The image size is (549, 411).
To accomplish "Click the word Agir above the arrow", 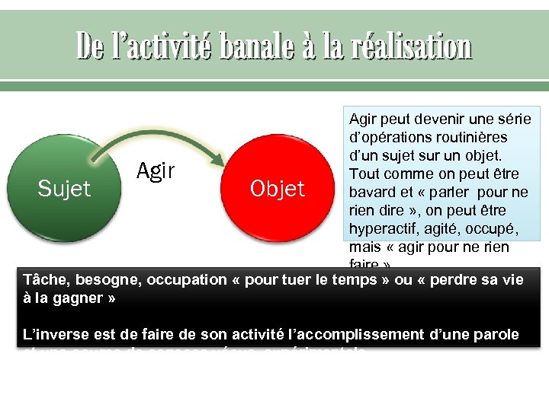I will [x=156, y=171].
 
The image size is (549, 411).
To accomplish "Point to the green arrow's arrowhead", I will [x=219, y=161].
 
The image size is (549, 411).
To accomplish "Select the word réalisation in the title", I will [x=413, y=48].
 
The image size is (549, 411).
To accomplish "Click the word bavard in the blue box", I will [x=372, y=192].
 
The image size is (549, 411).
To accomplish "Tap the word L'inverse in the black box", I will [x=54, y=334].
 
